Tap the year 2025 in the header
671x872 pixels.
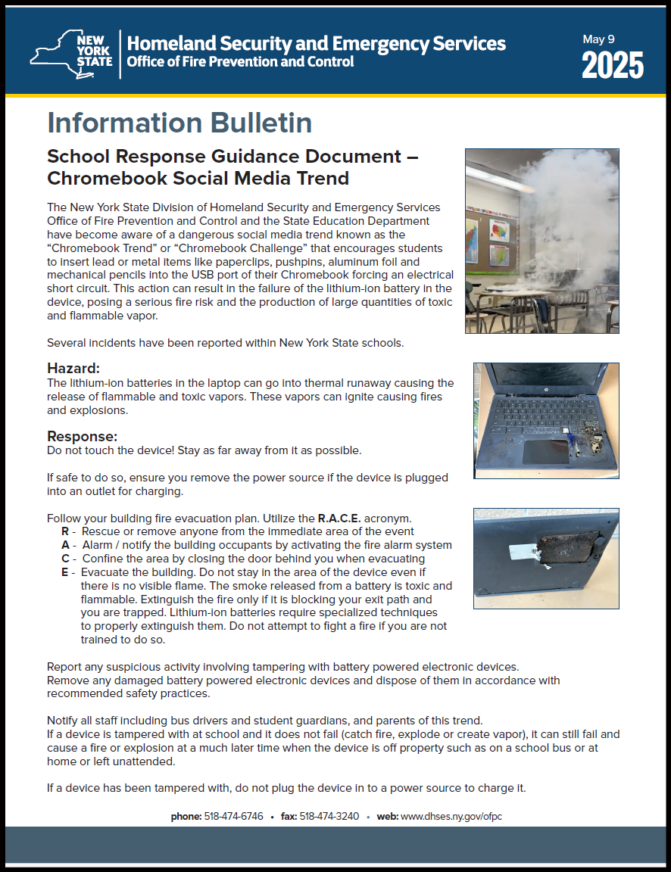click(613, 67)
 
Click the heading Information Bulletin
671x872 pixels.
click(179, 123)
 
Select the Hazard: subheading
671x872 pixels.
click(73, 369)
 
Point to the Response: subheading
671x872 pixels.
click(83, 437)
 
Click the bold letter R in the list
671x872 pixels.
click(65, 531)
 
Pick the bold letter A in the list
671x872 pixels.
click(65, 545)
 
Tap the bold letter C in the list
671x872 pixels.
click(65, 559)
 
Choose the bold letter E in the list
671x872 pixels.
click(65, 572)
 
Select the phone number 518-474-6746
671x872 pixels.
click(233, 817)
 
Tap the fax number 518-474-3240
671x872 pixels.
click(329, 817)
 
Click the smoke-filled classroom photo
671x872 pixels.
click(541, 241)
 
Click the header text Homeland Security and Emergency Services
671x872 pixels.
click(317, 43)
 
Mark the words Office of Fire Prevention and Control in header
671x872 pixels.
click(240, 62)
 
